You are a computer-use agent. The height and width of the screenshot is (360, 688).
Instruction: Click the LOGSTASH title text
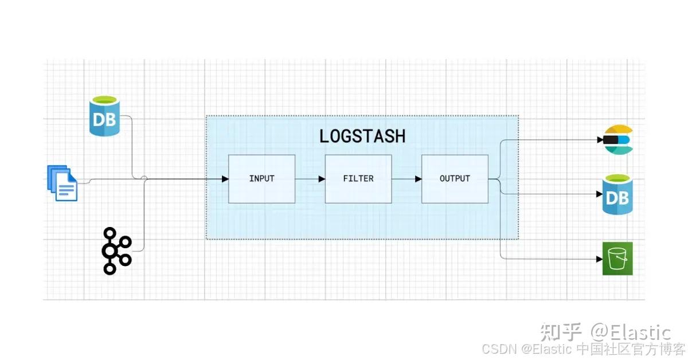[x=362, y=136]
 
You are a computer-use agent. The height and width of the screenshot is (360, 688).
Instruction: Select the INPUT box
[x=261, y=178]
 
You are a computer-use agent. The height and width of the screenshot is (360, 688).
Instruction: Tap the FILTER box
[x=358, y=178]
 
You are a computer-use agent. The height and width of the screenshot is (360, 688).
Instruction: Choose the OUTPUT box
[x=455, y=178]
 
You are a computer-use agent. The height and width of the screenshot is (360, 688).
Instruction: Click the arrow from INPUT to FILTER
[x=310, y=179]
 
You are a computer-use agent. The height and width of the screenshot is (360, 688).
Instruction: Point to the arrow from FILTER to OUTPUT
[x=406, y=179]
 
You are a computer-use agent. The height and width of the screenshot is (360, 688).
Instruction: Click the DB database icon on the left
[x=105, y=116]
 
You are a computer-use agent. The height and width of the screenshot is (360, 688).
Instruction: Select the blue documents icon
[x=62, y=183]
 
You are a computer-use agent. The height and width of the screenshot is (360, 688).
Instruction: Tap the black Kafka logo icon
[x=116, y=251]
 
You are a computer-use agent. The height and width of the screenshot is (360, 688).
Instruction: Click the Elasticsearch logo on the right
[x=617, y=139]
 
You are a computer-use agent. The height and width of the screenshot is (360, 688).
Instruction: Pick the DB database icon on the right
[x=617, y=196]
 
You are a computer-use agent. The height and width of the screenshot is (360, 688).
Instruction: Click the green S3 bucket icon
[x=617, y=259]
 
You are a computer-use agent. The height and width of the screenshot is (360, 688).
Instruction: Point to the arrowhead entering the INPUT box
[x=225, y=179]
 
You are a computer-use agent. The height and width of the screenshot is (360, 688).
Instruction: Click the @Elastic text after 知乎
[x=631, y=332]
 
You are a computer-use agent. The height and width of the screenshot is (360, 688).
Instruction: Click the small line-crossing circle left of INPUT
[x=144, y=179]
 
